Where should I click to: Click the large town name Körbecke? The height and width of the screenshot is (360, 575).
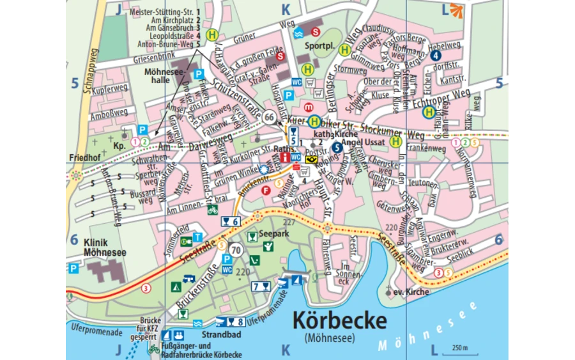coord(339,320)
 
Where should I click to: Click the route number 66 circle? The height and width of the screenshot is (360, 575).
coord(269,116)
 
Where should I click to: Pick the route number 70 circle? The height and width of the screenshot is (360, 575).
coord(237,250)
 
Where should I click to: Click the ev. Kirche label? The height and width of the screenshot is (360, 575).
coord(411,292)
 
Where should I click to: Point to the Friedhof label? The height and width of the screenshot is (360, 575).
coord(84,157)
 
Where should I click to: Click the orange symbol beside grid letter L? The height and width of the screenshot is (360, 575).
coord(456,9)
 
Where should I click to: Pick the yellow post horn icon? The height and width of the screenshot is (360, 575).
coord(310,160)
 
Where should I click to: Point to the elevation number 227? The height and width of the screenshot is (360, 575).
coord(289,223)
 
